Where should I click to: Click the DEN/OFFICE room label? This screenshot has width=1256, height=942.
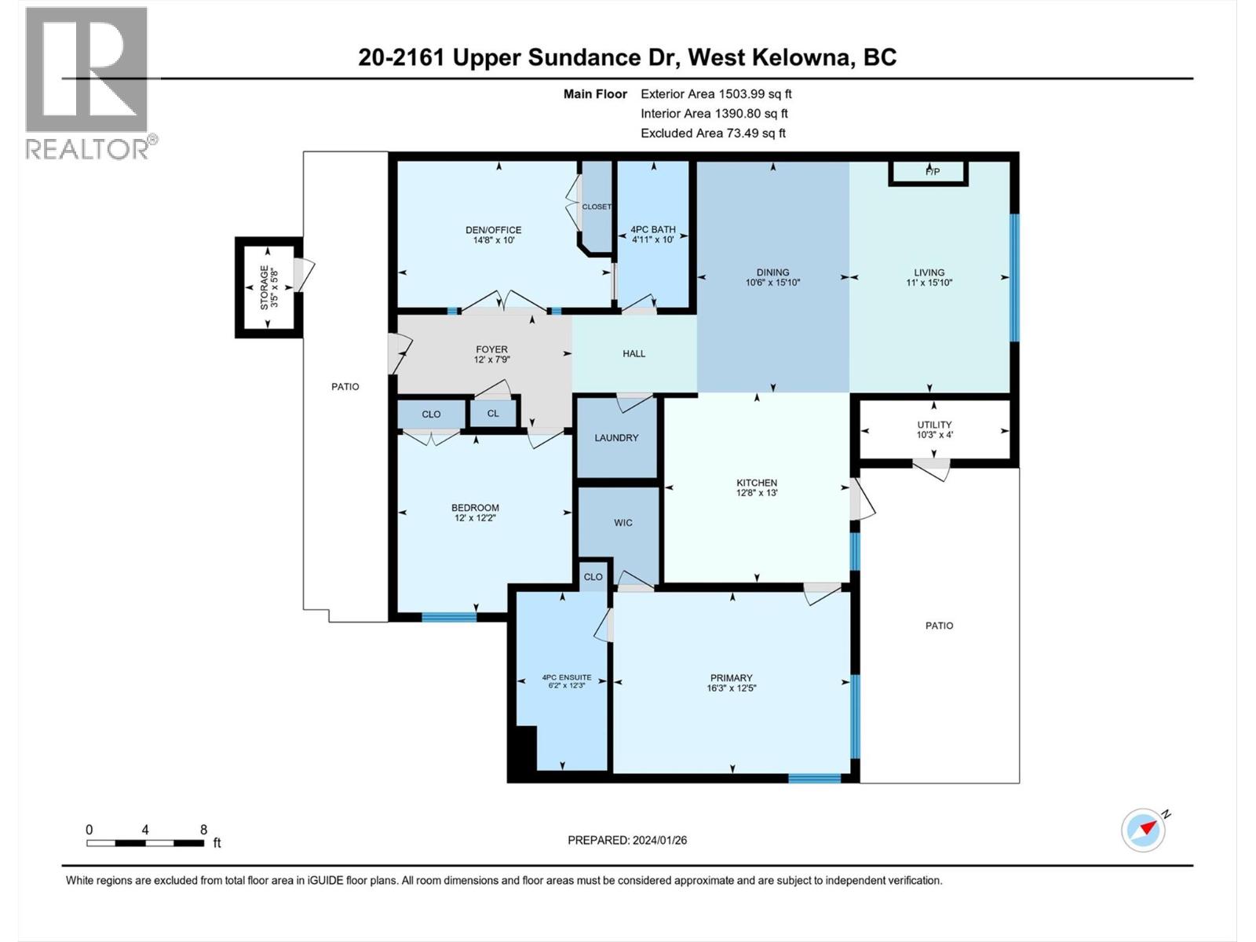493,230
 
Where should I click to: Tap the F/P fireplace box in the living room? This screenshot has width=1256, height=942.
932,172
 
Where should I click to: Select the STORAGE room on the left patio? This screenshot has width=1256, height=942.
269,287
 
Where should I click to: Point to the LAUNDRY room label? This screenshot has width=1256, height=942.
616,438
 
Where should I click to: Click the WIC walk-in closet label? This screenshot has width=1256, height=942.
623,523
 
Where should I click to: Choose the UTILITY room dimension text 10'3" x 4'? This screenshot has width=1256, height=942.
934,435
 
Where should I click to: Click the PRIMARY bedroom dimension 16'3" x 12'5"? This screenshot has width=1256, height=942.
731,688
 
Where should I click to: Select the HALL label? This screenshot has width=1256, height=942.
633,354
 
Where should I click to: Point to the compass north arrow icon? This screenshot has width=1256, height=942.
1144,830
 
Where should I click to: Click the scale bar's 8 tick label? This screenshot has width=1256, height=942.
203,829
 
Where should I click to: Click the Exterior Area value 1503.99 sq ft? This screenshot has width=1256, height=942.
715,94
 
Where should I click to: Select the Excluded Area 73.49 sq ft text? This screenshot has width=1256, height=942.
713,133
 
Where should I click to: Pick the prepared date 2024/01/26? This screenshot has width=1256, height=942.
659,840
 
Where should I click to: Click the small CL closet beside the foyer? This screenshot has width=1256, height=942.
493,414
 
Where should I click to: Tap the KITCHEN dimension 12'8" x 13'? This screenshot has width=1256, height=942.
756,494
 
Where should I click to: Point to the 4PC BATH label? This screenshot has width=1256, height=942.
652,230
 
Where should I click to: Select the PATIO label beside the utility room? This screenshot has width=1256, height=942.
939,626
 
